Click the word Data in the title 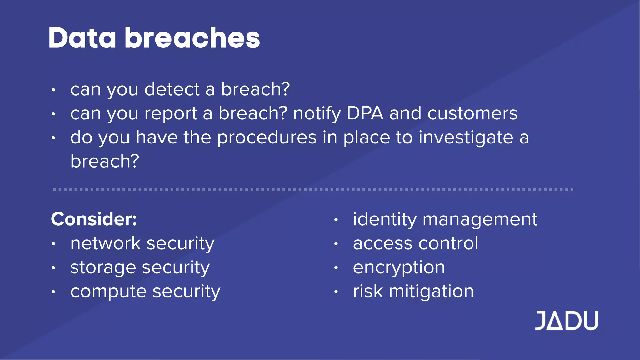pos(82,38)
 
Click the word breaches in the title pos(192,38)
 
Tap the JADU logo pos(566,321)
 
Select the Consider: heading pos(94,219)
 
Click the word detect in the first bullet pos(172,89)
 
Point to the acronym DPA pos(365,113)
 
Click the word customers pos(472,113)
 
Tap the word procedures pos(267,137)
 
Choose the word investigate pos(466,137)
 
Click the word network pos(106,243)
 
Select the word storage pos(103,268)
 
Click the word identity pos(385,219)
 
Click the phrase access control pos(416,243)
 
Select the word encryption pos(399,268)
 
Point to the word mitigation pos(431,292)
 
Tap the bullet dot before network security pos(53,244)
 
